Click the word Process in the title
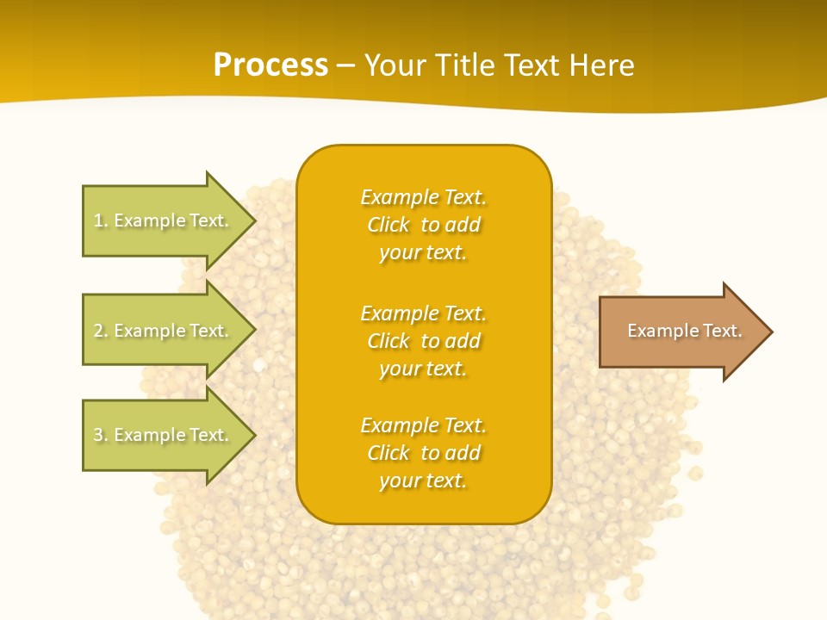click(x=270, y=65)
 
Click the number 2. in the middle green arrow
click(x=100, y=331)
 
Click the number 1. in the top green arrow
click(x=100, y=220)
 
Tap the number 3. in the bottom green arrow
click(x=100, y=435)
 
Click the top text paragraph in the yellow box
click(x=423, y=225)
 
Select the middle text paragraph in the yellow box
click(x=423, y=341)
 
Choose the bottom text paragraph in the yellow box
click(x=423, y=453)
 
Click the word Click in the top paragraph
click(x=389, y=225)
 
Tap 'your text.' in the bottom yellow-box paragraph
click(x=423, y=480)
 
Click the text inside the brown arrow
click(x=684, y=331)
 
